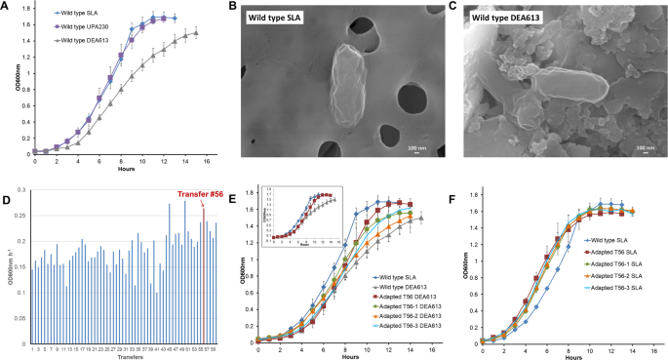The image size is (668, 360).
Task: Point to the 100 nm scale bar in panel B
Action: pos(415,148)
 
